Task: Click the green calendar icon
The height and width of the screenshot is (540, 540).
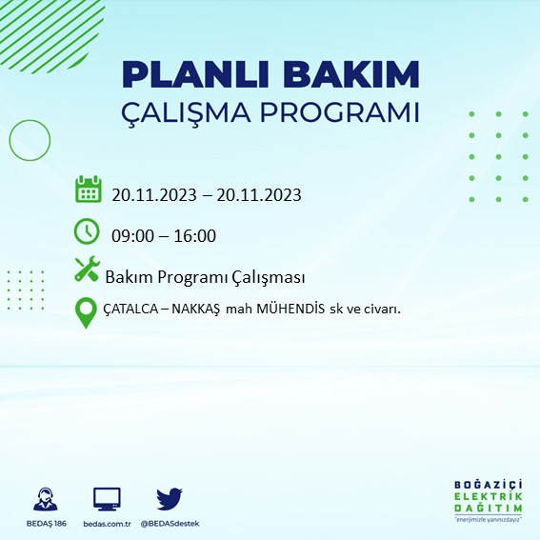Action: (x=88, y=189)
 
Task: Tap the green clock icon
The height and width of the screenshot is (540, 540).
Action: (x=87, y=230)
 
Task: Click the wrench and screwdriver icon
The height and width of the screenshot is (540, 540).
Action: (x=87, y=270)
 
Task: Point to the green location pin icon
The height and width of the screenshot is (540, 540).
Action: (x=87, y=312)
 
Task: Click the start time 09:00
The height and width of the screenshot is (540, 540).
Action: (x=131, y=236)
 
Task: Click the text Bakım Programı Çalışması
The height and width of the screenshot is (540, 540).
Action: (x=205, y=277)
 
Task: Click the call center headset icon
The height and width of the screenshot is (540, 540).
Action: (x=44, y=500)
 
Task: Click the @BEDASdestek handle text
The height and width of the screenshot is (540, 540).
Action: (x=170, y=524)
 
